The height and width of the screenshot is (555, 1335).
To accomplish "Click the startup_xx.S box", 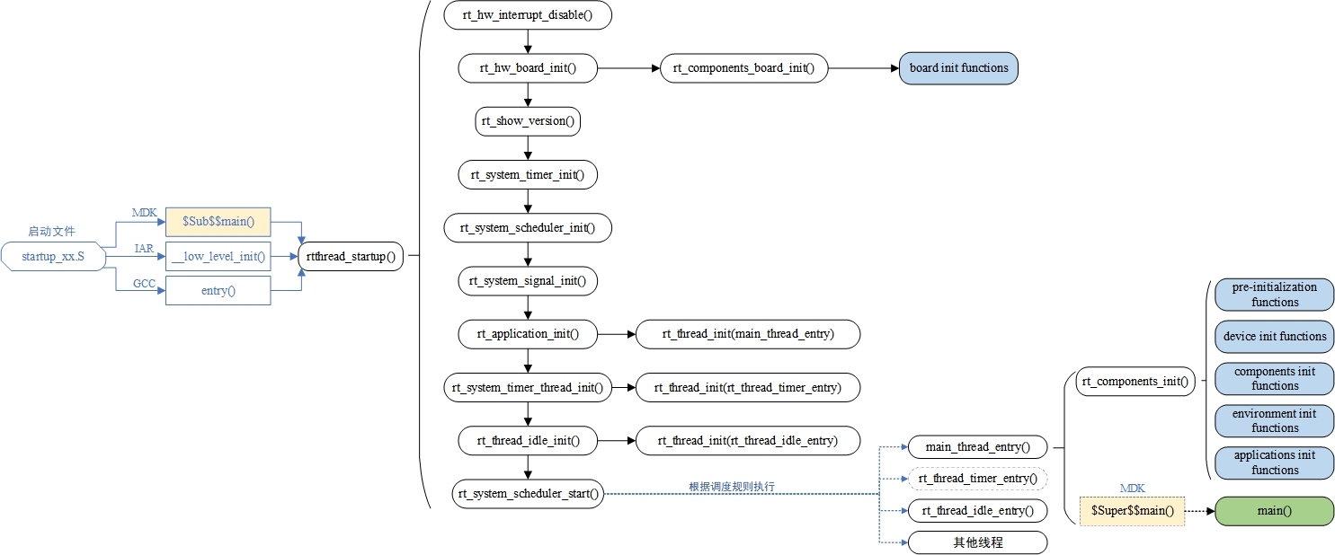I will pos(54,256).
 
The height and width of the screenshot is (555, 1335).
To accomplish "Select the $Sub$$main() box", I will pos(218,221).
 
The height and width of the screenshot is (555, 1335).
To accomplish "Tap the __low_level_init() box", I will pos(218,256).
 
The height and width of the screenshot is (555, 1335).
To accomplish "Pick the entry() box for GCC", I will pos(218,290).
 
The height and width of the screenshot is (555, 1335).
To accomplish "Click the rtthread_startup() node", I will pos(351,256).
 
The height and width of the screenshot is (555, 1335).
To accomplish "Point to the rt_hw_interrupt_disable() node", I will pos(528,15).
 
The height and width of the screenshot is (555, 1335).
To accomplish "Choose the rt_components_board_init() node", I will pos(743,68).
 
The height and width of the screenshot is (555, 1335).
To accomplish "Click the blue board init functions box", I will pos(958,68).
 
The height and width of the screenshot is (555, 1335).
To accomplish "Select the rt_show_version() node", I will pos(528,121).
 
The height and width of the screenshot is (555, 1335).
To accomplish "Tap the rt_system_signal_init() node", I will pos(528,281).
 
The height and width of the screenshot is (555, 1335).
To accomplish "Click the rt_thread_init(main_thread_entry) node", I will pos(748,334).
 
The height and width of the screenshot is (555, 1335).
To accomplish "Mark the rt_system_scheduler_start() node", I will pos(528,493).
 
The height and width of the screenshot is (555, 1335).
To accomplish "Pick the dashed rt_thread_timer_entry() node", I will pos(977,479).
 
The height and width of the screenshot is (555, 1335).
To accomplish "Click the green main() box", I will pos(1274,511).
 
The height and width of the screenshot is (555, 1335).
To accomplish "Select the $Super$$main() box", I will pos(1132,511).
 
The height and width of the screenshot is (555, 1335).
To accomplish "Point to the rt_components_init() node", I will pos(1135,382).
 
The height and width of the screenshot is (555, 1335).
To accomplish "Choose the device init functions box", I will pos(1274,337).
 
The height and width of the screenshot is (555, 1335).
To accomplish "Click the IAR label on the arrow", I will pos(144,248).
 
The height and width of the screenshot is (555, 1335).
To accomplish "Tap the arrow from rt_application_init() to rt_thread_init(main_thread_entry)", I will pos(616,334).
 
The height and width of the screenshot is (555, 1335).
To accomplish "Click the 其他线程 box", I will pos(977,542).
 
